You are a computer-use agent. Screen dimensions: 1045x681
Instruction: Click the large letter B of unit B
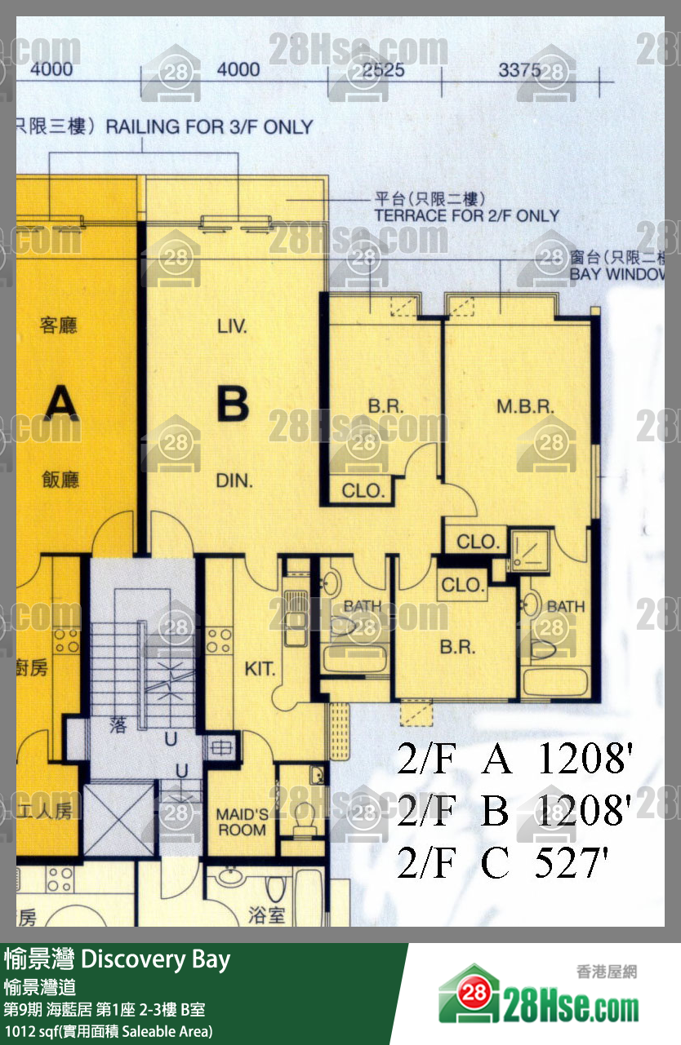(233, 404)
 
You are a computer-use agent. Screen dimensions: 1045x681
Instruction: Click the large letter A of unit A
(60, 403)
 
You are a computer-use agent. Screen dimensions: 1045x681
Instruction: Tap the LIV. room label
(232, 327)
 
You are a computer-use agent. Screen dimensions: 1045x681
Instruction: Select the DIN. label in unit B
(234, 480)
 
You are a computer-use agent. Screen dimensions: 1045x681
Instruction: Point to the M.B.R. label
(526, 405)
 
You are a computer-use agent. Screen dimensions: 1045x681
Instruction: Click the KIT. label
(260, 670)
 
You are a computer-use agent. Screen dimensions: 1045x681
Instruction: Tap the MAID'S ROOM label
(242, 821)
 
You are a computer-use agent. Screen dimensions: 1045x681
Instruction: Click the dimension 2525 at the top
(383, 70)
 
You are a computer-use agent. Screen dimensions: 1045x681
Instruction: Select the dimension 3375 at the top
(520, 70)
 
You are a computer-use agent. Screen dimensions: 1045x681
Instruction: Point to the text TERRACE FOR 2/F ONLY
(466, 216)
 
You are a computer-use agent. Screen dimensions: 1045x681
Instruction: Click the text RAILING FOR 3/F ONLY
(209, 127)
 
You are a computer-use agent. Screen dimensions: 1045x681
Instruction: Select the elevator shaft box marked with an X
(118, 818)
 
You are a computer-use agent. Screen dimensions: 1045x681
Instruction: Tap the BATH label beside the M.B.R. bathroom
(565, 606)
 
